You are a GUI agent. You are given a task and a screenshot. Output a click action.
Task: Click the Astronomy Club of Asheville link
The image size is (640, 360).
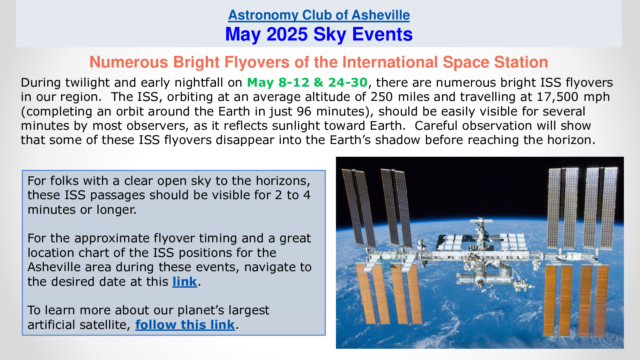tap(319, 15)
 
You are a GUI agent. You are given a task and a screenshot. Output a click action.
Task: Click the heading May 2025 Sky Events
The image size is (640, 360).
tap(319, 34)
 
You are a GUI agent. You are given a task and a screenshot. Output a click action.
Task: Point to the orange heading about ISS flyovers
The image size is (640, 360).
tap(319, 62)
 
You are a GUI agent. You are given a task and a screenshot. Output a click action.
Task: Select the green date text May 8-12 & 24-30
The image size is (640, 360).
tap(307, 82)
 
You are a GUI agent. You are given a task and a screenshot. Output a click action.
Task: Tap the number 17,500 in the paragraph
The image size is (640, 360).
tap(558, 97)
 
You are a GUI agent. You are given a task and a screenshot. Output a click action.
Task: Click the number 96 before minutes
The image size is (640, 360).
tap(304, 111)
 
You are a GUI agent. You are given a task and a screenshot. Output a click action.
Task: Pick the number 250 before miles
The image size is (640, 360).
tap(382, 97)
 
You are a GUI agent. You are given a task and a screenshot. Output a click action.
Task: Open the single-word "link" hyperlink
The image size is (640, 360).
tap(184, 282)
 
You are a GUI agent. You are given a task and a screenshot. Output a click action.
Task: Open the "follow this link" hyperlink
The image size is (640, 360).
tap(185, 325)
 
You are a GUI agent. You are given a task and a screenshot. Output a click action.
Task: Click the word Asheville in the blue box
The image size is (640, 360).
tap(69, 267)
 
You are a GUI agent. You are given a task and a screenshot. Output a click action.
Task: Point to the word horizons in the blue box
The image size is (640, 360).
tap(283, 181)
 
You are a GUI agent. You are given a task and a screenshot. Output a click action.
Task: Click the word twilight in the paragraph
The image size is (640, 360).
tap(87, 83)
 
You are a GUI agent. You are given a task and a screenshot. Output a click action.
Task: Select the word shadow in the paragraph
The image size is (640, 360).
tap(398, 140)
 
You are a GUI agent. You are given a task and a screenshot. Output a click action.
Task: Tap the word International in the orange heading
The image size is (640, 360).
tap(390, 62)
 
